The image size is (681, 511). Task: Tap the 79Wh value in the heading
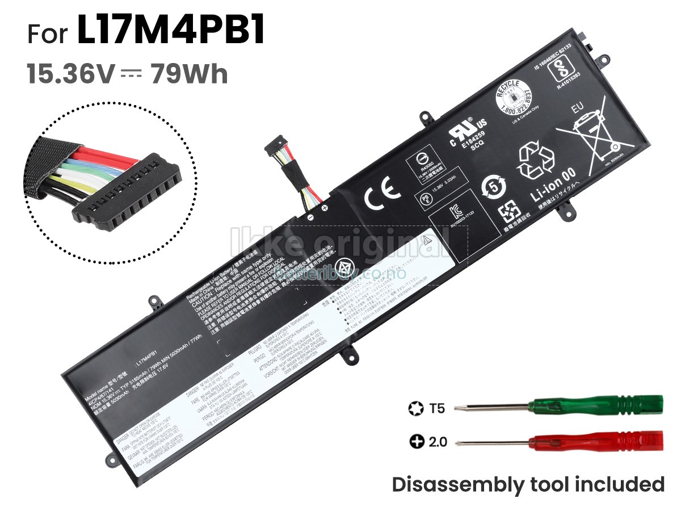[x=189, y=74]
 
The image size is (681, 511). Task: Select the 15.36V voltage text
[x=71, y=74]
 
